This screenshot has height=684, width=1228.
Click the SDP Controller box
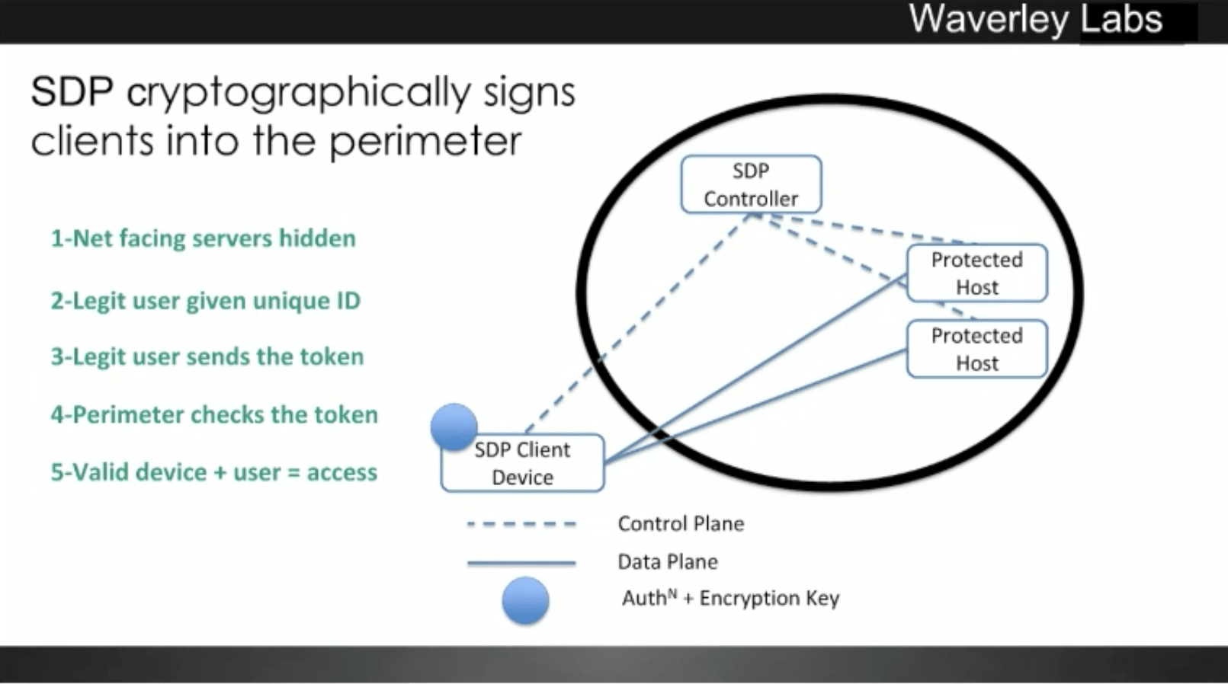[751, 184]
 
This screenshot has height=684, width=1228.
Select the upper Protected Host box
[976, 273]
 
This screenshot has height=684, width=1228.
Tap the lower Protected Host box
[976, 349]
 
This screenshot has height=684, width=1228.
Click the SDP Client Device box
[523, 463]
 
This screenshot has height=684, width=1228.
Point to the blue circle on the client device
[454, 427]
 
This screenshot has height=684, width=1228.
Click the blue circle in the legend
[525, 601]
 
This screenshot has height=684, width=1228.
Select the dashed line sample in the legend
[521, 524]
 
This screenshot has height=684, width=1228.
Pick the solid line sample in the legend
[521, 563]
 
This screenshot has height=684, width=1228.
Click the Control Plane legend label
[681, 524]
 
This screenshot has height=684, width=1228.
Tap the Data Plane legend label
[668, 562]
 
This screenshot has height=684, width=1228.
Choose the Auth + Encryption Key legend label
[730, 598]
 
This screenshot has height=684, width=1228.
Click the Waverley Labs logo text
[1035, 20]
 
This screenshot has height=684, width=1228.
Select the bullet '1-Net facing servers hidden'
[203, 238]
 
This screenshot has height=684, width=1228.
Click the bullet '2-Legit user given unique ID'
[205, 301]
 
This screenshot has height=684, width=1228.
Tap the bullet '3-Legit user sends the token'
[207, 356]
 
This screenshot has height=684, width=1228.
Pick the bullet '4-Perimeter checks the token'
[214, 414]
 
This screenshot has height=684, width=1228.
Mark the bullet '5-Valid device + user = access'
[213, 472]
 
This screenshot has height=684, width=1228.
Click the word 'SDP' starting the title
[72, 92]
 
